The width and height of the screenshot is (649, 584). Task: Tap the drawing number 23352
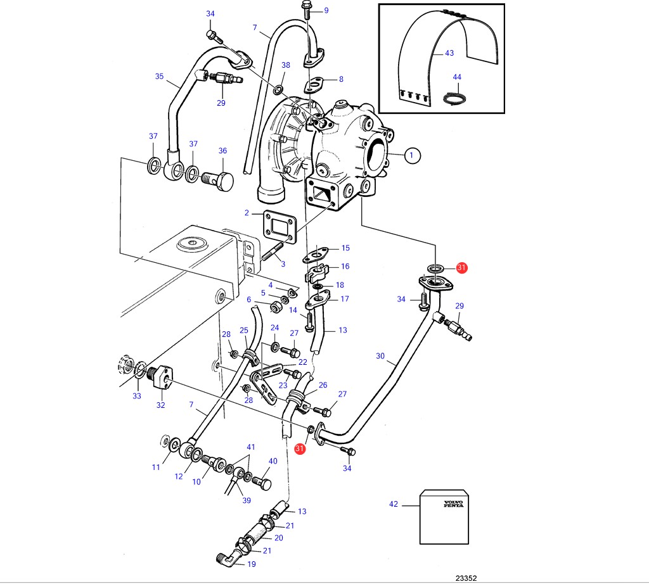(466, 578)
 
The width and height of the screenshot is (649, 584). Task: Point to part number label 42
(394, 504)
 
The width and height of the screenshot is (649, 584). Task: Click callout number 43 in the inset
(449, 53)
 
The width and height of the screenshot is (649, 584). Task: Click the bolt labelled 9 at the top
(307, 10)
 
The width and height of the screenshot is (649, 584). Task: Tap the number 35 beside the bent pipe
(159, 77)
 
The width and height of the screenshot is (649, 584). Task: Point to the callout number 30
(380, 356)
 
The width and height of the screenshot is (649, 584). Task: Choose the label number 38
(286, 65)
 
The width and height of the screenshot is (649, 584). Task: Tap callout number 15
(345, 248)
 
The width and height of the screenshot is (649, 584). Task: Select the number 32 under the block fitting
(160, 405)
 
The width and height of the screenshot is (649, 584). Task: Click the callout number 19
(251, 564)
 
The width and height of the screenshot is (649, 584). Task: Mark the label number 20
(278, 538)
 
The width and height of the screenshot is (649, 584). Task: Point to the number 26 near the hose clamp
(323, 384)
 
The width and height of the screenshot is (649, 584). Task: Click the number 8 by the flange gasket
(341, 79)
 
